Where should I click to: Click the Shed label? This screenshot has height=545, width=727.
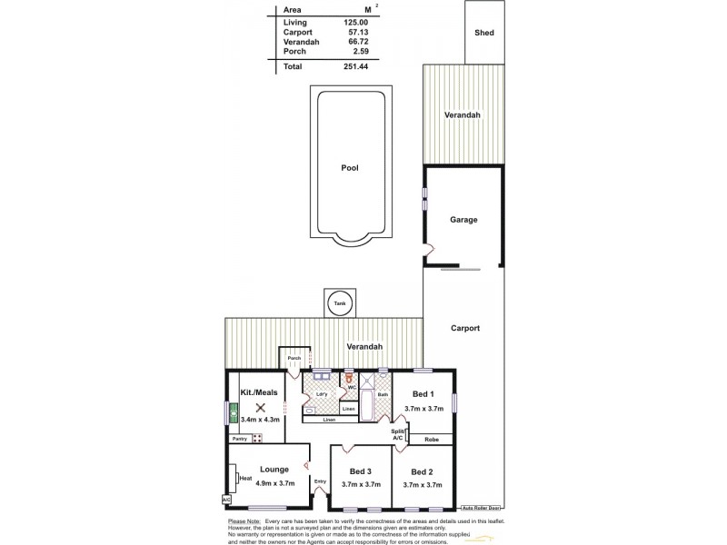point(483,33)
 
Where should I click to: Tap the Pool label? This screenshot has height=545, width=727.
point(350,168)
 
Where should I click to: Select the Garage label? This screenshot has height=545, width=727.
point(463,220)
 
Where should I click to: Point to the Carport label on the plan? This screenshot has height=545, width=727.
point(464,328)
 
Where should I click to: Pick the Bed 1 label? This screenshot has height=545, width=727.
point(423,395)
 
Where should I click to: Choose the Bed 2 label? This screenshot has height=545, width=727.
point(423,471)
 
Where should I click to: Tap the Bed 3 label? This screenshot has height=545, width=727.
point(361,471)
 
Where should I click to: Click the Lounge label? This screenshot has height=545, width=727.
point(274,470)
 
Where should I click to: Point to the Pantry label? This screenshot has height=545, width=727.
point(239,439)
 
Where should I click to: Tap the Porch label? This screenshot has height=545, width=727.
point(294,359)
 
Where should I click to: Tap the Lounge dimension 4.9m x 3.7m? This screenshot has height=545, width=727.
point(274,484)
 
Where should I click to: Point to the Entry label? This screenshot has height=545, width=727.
point(320,481)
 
